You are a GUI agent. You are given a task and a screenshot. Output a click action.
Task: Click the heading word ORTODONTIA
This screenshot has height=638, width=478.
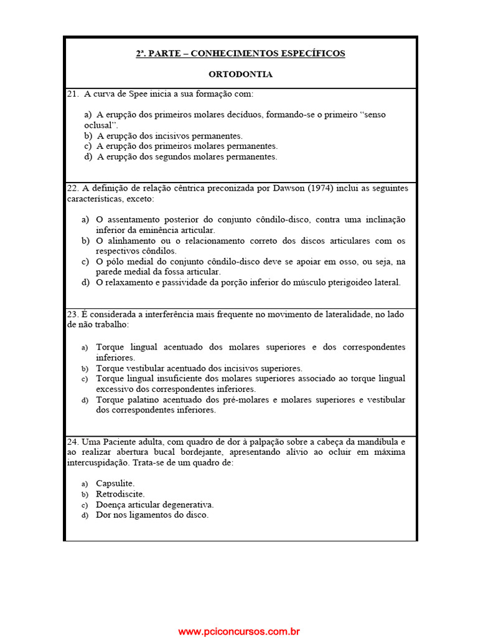pos(240,74)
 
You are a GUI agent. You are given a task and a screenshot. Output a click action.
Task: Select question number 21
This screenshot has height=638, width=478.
pos(72,93)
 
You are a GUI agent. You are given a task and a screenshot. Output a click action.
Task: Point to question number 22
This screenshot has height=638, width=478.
pos(72,188)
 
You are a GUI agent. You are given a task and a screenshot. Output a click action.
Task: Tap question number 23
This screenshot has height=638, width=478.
pos(72,314)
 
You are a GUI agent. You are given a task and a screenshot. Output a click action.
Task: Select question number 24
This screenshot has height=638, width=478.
pos(72,441)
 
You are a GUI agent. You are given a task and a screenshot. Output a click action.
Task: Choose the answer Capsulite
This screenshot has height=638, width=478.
pos(115,483)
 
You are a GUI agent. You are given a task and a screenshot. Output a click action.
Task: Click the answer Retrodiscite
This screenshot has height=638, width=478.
pos(120,494)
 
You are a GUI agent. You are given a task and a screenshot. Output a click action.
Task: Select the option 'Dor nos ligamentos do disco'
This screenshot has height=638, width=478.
pos(152,515)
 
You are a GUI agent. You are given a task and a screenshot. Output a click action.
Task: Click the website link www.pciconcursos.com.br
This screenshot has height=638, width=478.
pos(239,631)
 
